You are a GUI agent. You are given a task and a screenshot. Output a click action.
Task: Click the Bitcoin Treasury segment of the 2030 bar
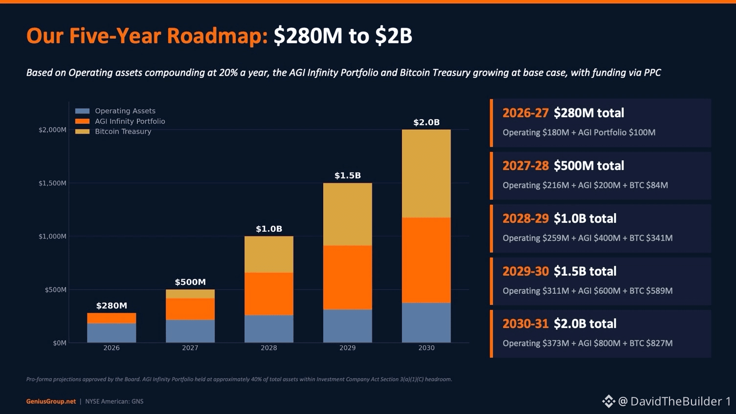426,174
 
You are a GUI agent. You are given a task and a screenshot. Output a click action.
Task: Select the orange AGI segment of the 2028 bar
269,294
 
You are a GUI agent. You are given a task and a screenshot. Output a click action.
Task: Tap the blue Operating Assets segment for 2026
112,333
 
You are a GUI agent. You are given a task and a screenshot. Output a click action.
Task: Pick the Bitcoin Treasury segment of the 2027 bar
190,294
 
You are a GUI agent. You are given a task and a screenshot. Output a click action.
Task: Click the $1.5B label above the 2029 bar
348,175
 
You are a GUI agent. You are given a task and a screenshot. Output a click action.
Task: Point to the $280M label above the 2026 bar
112,305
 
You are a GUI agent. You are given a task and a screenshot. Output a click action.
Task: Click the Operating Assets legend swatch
82,111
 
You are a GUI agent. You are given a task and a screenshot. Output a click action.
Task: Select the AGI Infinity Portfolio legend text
130,121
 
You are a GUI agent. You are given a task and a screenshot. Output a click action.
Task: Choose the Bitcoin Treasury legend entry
113,131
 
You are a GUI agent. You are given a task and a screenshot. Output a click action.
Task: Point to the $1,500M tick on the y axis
52,183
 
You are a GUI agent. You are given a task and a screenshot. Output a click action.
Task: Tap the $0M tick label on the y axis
60,343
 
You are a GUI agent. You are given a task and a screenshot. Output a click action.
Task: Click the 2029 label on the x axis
348,348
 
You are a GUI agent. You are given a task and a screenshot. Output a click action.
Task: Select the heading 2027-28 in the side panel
525,166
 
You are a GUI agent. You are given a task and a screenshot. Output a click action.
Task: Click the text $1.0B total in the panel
585,218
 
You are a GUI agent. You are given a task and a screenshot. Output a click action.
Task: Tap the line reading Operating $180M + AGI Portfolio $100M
579,132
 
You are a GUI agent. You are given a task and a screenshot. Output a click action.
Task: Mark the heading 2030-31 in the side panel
525,324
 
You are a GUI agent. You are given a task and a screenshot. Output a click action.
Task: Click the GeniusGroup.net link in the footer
51,401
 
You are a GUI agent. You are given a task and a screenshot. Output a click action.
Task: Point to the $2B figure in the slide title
394,36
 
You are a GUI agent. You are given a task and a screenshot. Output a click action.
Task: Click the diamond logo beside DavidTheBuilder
608,401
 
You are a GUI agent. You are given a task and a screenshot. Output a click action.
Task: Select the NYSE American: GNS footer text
114,401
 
